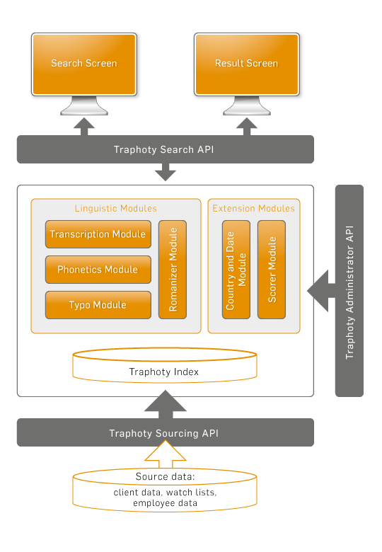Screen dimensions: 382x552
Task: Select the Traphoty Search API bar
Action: pos(166,149)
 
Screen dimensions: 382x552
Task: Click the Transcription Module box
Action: pos(98,234)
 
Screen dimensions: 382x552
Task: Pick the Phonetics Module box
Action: pos(98,270)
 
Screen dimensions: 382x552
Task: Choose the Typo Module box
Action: pos(98,305)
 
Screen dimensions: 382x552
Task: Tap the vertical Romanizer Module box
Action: pos(173,270)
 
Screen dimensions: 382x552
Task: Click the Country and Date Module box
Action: pos(236,270)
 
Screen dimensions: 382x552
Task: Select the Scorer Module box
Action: pos(272,270)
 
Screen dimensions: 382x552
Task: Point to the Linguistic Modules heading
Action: pos(116,208)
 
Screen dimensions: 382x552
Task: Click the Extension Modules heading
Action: pos(254,208)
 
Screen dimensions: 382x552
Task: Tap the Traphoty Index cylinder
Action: pos(165,365)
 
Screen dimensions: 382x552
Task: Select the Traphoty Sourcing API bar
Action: pos(166,432)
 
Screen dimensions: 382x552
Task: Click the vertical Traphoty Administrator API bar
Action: pos(349,291)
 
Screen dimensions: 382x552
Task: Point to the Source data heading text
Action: pos(165,477)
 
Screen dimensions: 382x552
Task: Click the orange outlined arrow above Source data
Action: pos(166,455)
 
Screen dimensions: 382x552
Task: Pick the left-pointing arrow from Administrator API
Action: pos(321,291)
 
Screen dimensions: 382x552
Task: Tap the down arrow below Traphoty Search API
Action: pos(166,172)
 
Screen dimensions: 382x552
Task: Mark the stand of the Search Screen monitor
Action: pos(84,105)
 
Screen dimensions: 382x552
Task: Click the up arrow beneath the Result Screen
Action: pos(247,127)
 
